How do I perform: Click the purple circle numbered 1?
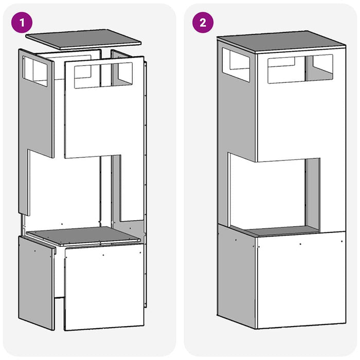(x=22, y=23)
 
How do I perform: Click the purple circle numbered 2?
(x=203, y=23)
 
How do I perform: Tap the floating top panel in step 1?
(x=83, y=39)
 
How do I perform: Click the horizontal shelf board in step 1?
(x=83, y=236)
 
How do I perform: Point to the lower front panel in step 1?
(x=104, y=287)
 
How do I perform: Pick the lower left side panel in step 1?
(x=37, y=283)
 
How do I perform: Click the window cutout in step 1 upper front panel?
(x=103, y=75)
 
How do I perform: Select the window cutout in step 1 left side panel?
(x=35, y=71)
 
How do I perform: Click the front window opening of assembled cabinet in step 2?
(x=300, y=68)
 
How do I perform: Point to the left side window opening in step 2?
(x=236, y=65)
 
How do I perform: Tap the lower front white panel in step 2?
(x=302, y=280)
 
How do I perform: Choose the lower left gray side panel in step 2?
(x=237, y=276)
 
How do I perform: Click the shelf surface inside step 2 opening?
(x=282, y=231)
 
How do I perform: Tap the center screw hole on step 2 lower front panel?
(x=300, y=244)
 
